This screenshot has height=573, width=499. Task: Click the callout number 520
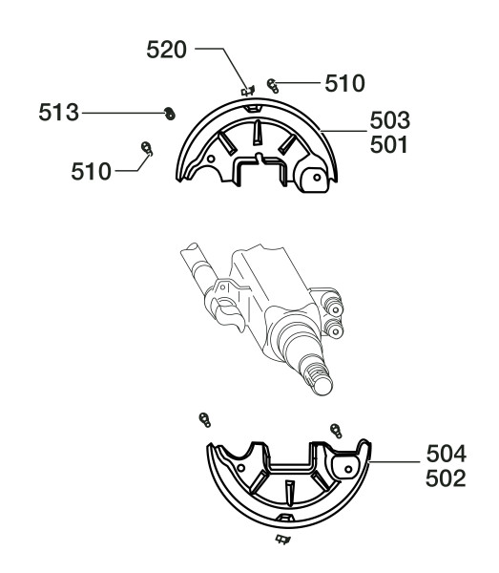(x=166, y=50)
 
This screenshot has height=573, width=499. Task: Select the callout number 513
(x=59, y=112)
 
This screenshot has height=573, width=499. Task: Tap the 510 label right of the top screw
(x=344, y=83)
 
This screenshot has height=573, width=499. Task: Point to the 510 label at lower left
(x=91, y=171)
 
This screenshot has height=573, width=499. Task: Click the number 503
(x=390, y=120)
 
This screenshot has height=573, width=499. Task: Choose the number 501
(x=388, y=145)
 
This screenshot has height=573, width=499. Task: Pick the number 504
(x=447, y=454)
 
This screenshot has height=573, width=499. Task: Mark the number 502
(x=446, y=478)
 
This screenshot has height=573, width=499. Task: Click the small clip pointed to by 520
(x=248, y=91)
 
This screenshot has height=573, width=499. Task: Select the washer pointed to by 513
(x=170, y=114)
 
